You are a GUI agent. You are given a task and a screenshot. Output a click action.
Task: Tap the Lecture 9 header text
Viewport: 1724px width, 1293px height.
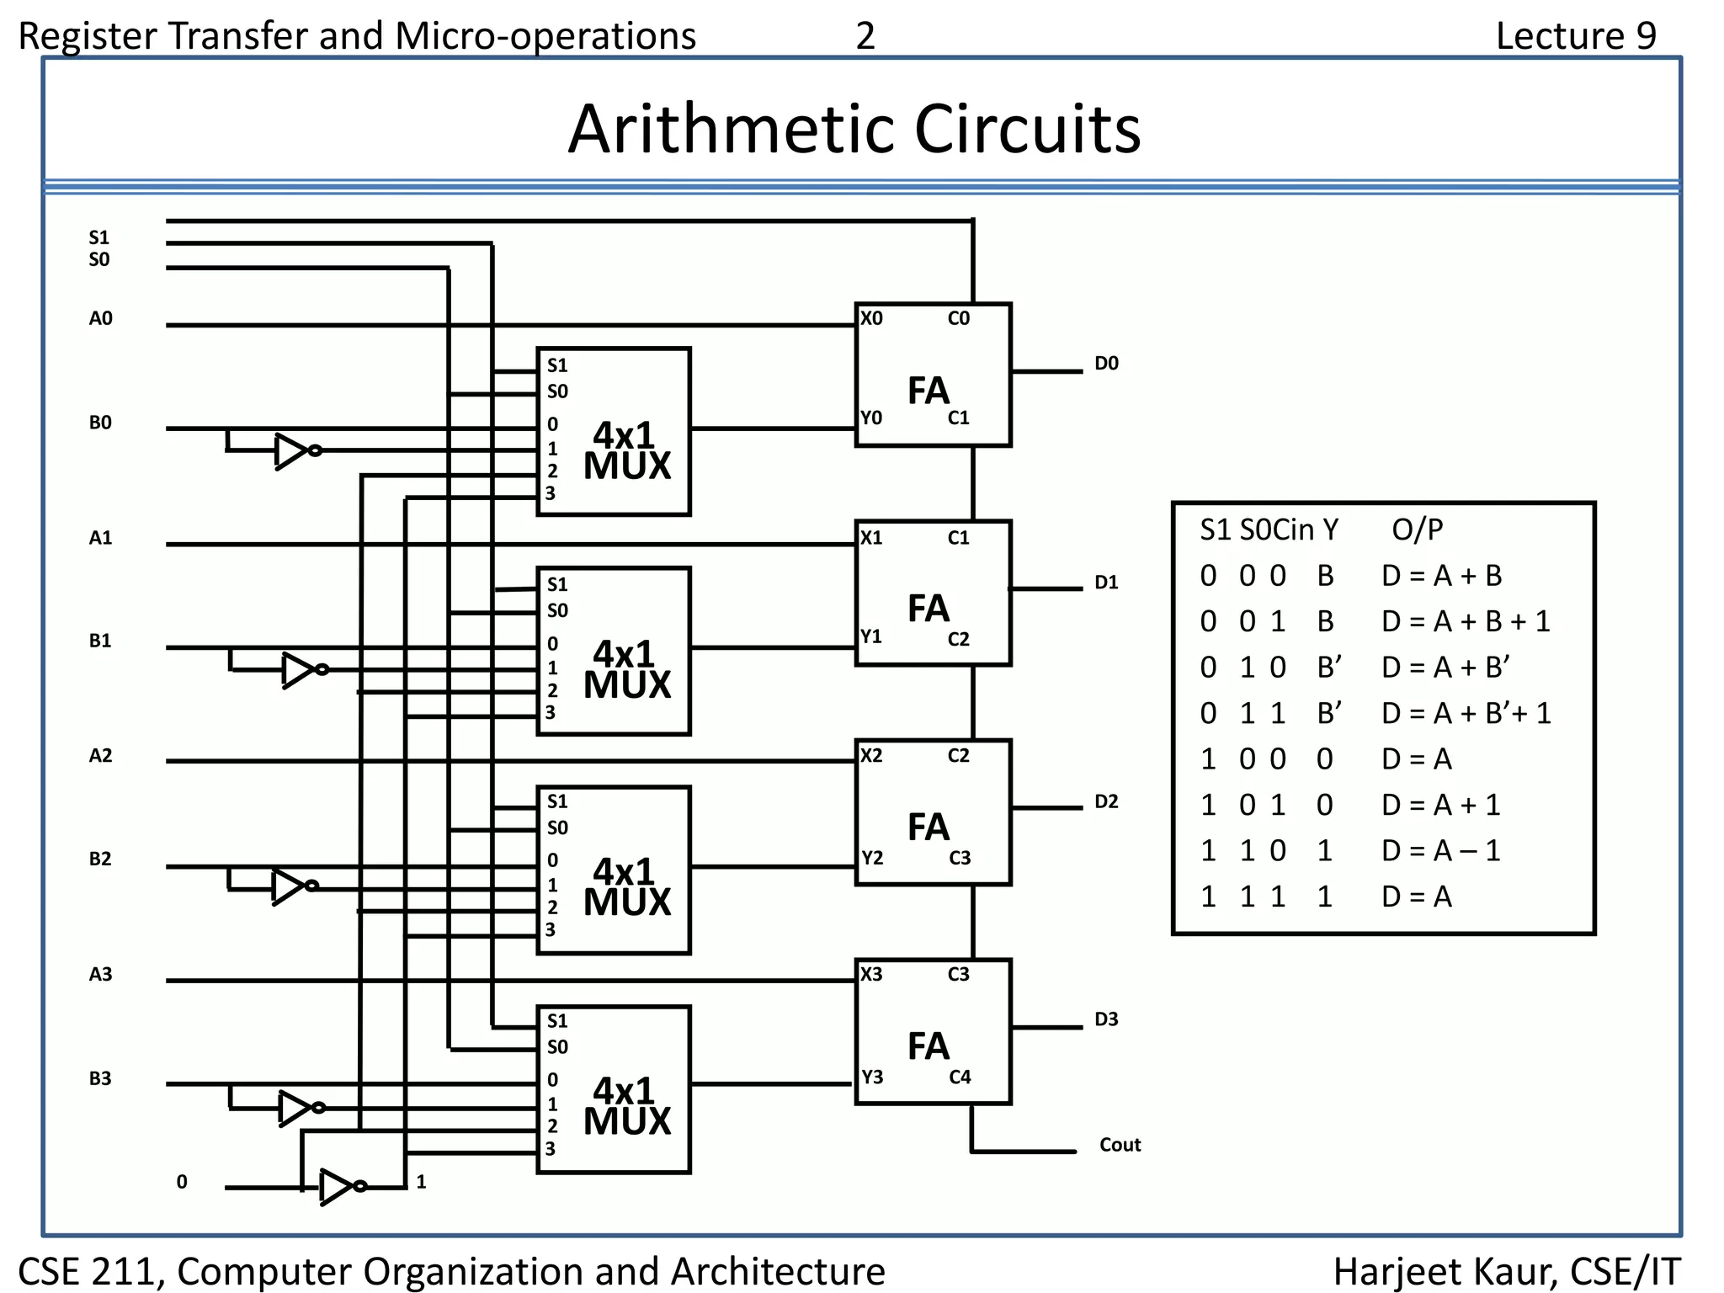[x=1575, y=36]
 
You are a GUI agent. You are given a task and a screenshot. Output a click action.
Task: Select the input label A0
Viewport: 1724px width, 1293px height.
[x=100, y=318]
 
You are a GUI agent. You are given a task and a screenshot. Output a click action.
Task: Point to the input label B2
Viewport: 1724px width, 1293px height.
[x=100, y=859]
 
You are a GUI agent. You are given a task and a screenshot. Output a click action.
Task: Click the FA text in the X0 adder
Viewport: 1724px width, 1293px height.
[x=928, y=391]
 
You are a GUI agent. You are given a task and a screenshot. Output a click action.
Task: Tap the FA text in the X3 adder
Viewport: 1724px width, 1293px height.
[x=928, y=1046]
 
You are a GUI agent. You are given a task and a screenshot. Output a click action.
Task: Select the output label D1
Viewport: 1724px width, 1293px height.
[x=1106, y=583]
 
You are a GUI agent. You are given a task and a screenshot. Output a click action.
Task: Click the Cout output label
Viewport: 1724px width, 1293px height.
[x=1120, y=1145]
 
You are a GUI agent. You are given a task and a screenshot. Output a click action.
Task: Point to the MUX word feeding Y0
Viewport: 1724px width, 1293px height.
[x=627, y=466]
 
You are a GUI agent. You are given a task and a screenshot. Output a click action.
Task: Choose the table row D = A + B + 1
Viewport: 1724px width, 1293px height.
[x=1465, y=621]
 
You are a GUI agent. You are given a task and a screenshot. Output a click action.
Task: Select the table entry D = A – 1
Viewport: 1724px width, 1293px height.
[x=1440, y=851]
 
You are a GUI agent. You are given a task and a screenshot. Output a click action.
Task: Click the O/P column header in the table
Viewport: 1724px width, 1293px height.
[x=1417, y=529]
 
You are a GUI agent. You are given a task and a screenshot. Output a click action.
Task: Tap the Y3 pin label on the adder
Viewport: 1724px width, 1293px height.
[x=872, y=1077]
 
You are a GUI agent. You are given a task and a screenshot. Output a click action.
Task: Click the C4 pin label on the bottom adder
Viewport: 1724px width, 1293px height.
[x=960, y=1077]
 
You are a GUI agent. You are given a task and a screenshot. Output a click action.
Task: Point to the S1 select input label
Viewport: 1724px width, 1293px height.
[x=99, y=237]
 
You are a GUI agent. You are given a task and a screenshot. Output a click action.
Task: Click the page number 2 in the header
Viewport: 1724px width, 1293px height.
[x=865, y=36]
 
